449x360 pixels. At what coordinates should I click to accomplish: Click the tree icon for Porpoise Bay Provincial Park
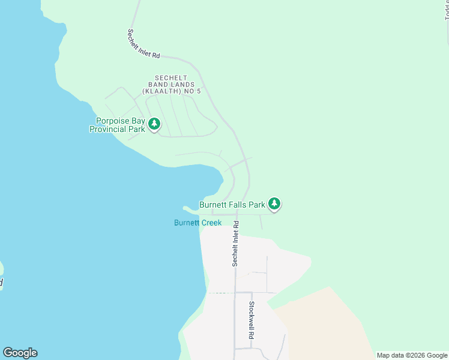point(154,124)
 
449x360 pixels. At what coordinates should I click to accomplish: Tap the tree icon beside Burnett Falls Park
point(274,204)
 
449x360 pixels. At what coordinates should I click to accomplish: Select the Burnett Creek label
point(197,223)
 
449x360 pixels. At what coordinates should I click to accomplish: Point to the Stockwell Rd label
point(252,320)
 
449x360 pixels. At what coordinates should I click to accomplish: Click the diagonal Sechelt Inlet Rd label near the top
point(143,44)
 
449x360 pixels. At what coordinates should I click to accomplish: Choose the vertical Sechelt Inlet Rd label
point(236,244)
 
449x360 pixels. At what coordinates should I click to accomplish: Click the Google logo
point(20,353)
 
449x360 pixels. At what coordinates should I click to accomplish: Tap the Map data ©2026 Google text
point(411,355)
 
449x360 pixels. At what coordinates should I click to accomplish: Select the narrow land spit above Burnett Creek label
point(190,209)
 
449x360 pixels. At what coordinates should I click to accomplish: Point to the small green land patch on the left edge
point(2,276)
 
